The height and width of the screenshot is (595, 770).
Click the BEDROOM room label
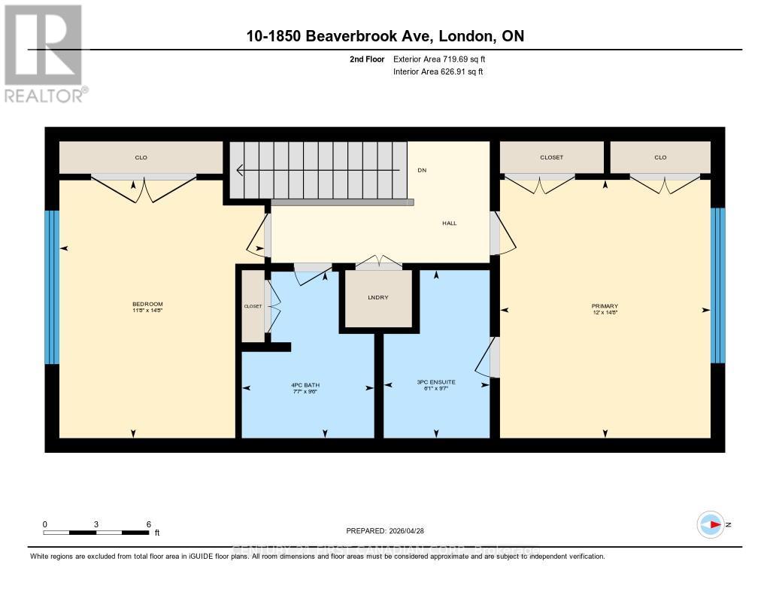tap(147, 304)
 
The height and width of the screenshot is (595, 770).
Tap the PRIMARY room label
tap(604, 305)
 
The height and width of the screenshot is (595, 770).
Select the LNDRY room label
tap(378, 298)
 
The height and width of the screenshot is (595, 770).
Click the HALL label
tap(449, 223)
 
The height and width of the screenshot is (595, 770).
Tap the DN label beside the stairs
tap(422, 170)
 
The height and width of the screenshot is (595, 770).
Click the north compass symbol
tap(711, 524)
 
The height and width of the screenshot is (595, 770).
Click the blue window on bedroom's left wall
tap(51, 287)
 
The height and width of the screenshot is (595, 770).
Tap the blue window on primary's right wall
tap(718, 284)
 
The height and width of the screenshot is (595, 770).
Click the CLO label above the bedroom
tap(141, 157)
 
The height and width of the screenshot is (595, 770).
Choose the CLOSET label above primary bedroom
tap(551, 157)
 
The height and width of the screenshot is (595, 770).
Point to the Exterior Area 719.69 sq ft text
tap(444, 59)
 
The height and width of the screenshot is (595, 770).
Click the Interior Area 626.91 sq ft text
tap(438, 72)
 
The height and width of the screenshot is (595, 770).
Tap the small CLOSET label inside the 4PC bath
tap(252, 306)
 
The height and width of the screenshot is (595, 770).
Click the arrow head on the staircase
tap(241, 170)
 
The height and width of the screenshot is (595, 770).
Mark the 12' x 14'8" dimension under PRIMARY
tap(604, 313)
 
